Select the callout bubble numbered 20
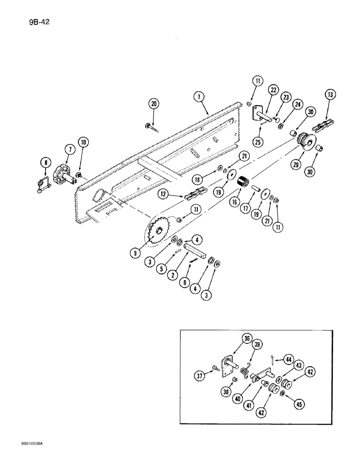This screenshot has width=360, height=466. point(153,104)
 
